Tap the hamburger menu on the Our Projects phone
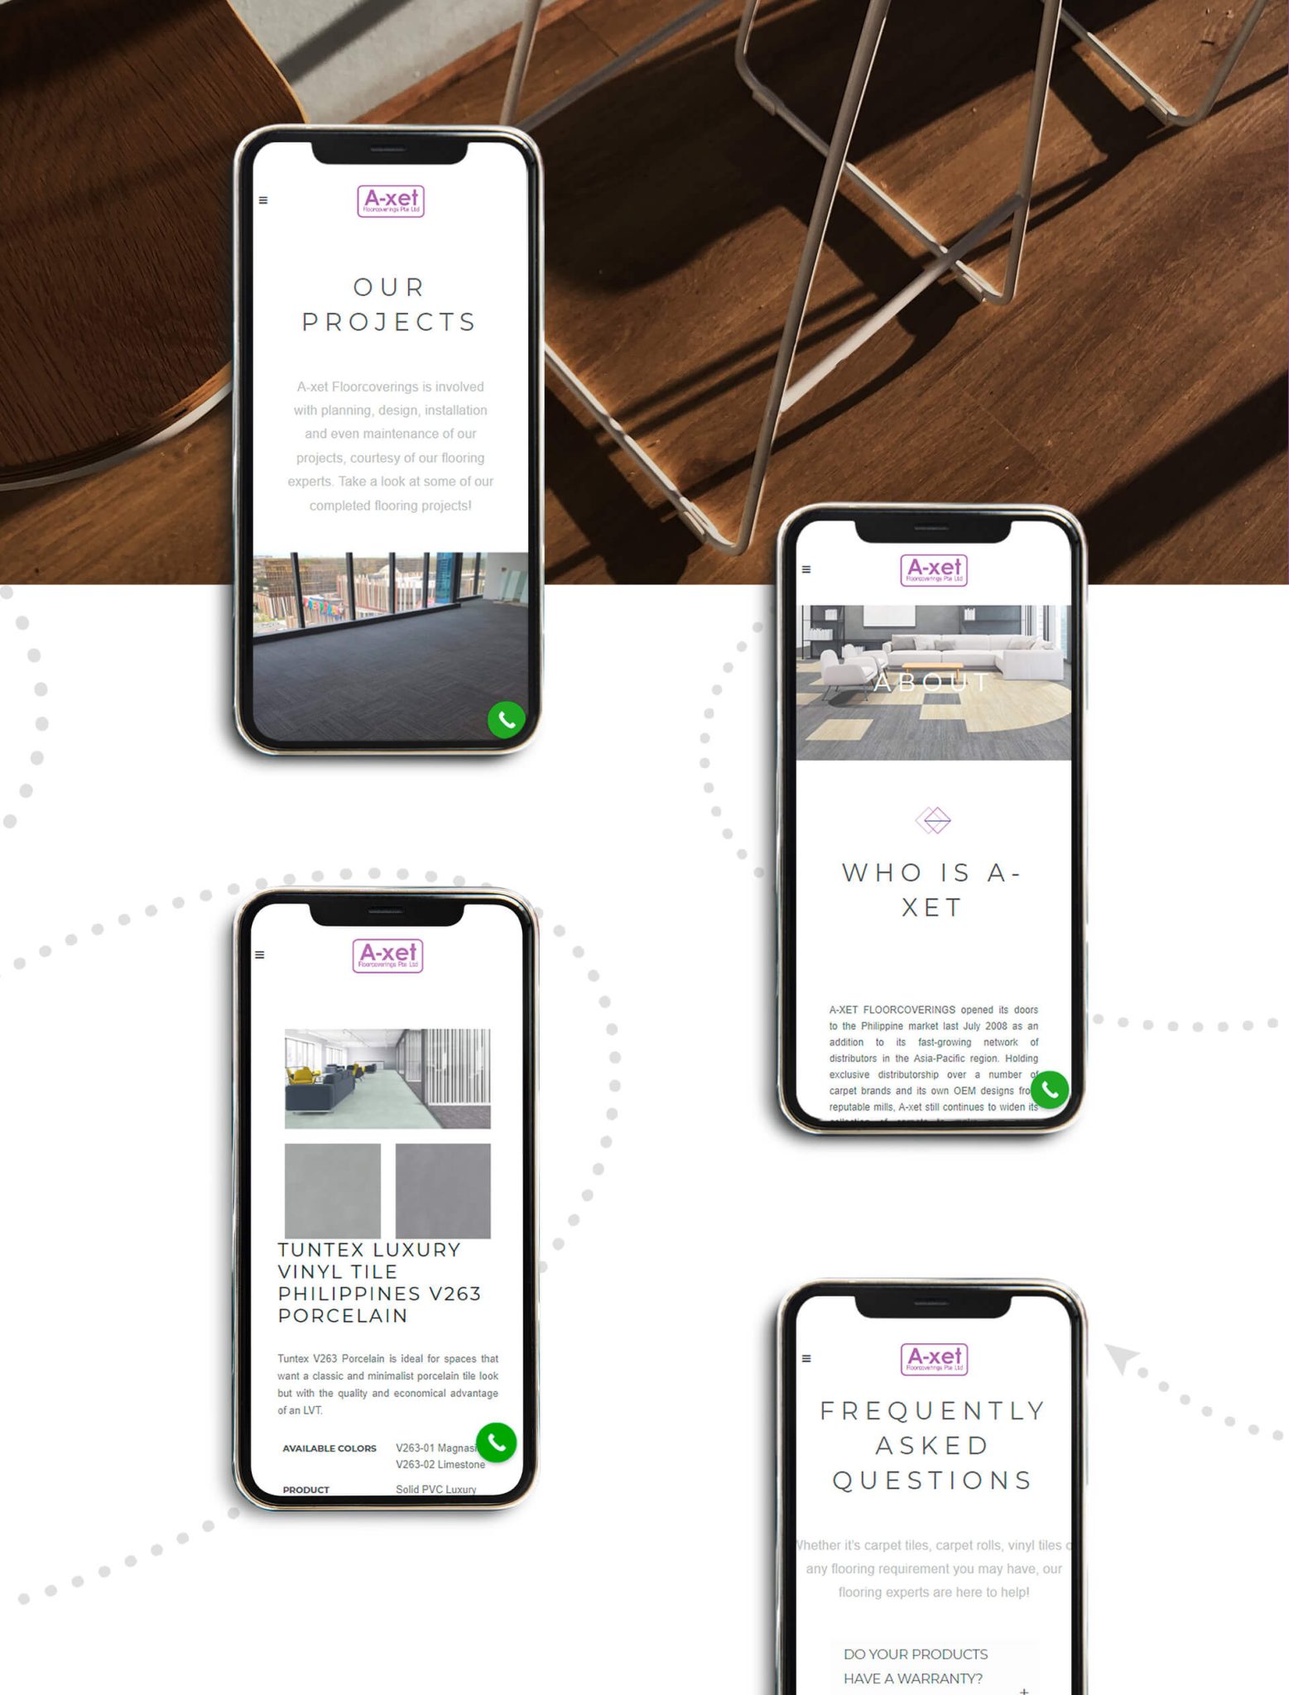pos(263,200)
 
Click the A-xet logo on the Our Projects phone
pos(391,201)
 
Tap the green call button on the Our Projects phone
pos(507,719)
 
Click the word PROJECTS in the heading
pos(389,322)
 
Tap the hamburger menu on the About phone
pos(806,569)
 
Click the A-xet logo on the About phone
pos(934,570)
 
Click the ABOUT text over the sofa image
pos(932,683)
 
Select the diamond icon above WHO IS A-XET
pos(933,820)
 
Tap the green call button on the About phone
pos(1050,1089)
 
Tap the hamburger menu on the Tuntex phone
pos(260,955)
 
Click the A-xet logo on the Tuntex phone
pos(387,956)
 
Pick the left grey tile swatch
pos(333,1190)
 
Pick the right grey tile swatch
pos(443,1190)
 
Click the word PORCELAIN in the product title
pos(343,1316)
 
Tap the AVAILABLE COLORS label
pos(329,1448)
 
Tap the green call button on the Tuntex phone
pos(497,1443)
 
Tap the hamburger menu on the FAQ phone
pos(806,1358)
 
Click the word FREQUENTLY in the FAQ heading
pos(933,1411)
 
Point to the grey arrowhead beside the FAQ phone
pos(1122,1357)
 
